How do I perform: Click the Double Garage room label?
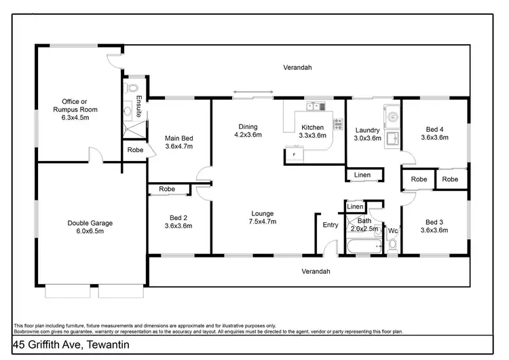[x=90, y=227]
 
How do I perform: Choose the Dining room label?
[x=248, y=130]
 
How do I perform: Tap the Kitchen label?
[x=312, y=131]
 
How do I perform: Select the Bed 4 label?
[x=434, y=133]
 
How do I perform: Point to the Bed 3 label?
[x=434, y=226]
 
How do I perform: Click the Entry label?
[x=331, y=226]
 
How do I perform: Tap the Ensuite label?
[x=139, y=107]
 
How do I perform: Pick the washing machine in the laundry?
[x=392, y=116]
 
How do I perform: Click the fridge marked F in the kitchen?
[x=293, y=156]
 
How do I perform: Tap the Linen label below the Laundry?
[x=362, y=175]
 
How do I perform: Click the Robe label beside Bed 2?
[x=167, y=189]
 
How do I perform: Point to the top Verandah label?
[x=298, y=68]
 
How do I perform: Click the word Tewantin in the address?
[x=105, y=345]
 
